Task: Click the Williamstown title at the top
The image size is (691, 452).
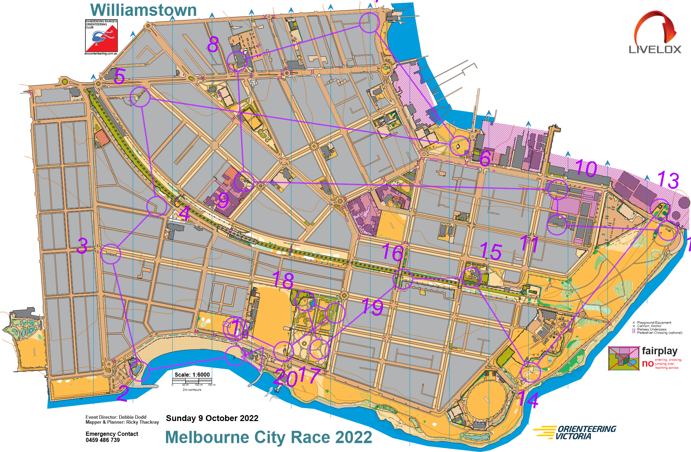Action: tap(143, 10)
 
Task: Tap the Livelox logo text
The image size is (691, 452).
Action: tap(655, 49)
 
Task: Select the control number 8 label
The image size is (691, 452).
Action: tap(213, 45)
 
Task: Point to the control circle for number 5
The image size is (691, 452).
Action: tap(140, 97)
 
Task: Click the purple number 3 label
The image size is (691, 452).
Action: tap(82, 246)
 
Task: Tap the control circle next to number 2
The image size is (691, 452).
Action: tap(140, 371)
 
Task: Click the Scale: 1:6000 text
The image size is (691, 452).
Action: tap(192, 375)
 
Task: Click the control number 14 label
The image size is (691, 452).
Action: tap(528, 400)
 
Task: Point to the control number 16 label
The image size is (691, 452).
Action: tap(392, 252)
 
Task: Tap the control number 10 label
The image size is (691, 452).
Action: tap(586, 169)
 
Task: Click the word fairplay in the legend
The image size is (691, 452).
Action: tap(659, 351)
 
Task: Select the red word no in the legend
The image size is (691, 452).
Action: tap(647, 363)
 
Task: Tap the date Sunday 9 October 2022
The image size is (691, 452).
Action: tap(212, 418)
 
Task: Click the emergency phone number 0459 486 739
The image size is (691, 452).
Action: tap(103, 440)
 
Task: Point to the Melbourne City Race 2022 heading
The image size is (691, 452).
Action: tap(269, 438)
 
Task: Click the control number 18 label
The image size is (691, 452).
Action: tap(283, 280)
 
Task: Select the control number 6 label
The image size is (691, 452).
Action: tap(485, 159)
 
